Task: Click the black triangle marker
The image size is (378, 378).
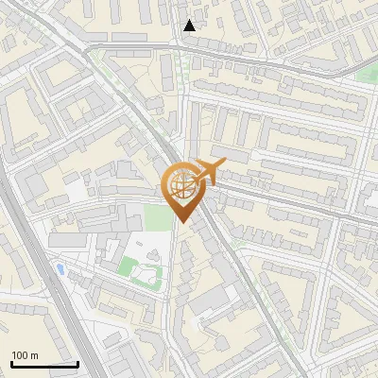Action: pyautogui.click(x=190, y=26)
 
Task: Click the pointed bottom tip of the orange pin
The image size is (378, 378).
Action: pyautogui.click(x=181, y=223)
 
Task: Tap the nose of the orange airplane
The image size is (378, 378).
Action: pyautogui.click(x=225, y=163)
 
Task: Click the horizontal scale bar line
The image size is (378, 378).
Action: pyautogui.click(x=44, y=364)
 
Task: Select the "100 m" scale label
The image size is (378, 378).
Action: pyautogui.click(x=26, y=355)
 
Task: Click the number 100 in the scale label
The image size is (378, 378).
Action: pyautogui.click(x=21, y=355)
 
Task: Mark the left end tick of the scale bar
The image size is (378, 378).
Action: pyautogui.click(x=11, y=362)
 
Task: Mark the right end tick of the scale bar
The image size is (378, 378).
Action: pyautogui.click(x=77, y=362)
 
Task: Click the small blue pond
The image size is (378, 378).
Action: pyautogui.click(x=61, y=270)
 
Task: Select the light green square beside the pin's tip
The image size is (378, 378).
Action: pyautogui.click(x=162, y=216)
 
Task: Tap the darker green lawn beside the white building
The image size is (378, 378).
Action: pyautogui.click(x=127, y=265)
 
